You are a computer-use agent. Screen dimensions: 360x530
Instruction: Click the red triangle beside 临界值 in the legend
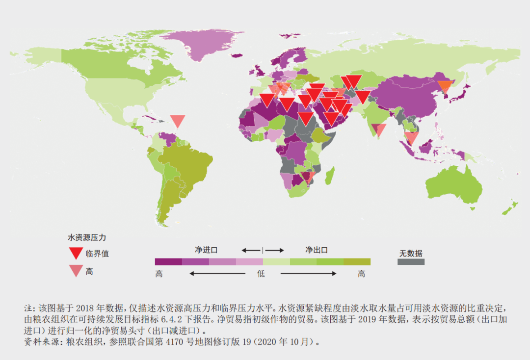(x=76, y=253)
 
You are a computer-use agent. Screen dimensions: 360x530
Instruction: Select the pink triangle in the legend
(x=76, y=271)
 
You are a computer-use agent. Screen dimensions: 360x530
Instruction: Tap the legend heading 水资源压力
(x=87, y=237)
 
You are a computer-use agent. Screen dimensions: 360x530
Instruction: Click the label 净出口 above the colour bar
(x=317, y=250)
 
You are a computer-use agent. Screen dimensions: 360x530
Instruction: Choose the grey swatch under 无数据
(x=410, y=262)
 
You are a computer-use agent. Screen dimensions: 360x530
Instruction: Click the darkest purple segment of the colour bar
(x=168, y=262)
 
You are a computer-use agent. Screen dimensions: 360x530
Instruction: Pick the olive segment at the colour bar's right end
(x=357, y=262)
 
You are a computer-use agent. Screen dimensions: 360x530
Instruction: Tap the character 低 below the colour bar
(x=261, y=274)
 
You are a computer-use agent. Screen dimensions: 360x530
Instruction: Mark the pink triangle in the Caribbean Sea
(x=177, y=121)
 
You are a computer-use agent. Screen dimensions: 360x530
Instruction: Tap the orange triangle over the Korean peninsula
(x=446, y=87)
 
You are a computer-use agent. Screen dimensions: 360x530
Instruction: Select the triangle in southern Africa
(x=308, y=178)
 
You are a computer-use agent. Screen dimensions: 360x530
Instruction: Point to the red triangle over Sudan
(x=305, y=118)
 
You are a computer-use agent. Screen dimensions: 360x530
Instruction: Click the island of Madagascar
(x=330, y=175)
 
